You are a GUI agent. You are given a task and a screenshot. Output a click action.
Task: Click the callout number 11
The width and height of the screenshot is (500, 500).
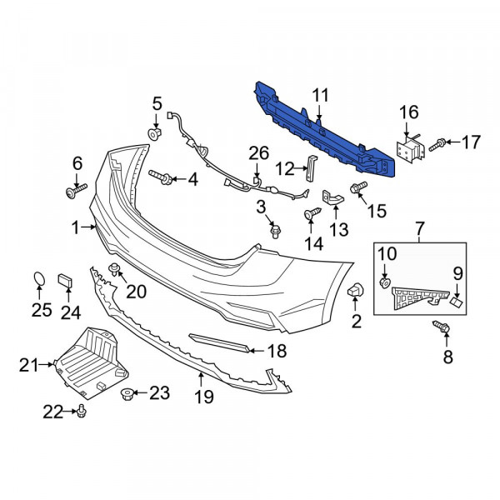[320, 95]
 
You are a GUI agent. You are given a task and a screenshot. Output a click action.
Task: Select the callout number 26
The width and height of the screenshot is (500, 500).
[258, 153]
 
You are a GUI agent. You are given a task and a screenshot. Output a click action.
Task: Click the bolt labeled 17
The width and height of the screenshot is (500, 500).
[437, 145]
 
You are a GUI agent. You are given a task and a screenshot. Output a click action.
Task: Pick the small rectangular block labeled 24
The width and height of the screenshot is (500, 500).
[65, 280]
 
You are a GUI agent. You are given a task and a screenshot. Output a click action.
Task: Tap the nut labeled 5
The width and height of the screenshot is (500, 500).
[155, 134]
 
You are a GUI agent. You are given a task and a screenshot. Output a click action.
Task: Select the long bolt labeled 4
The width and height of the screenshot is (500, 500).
[161, 177]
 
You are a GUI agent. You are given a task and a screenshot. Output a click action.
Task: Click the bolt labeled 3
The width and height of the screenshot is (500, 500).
[275, 232]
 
